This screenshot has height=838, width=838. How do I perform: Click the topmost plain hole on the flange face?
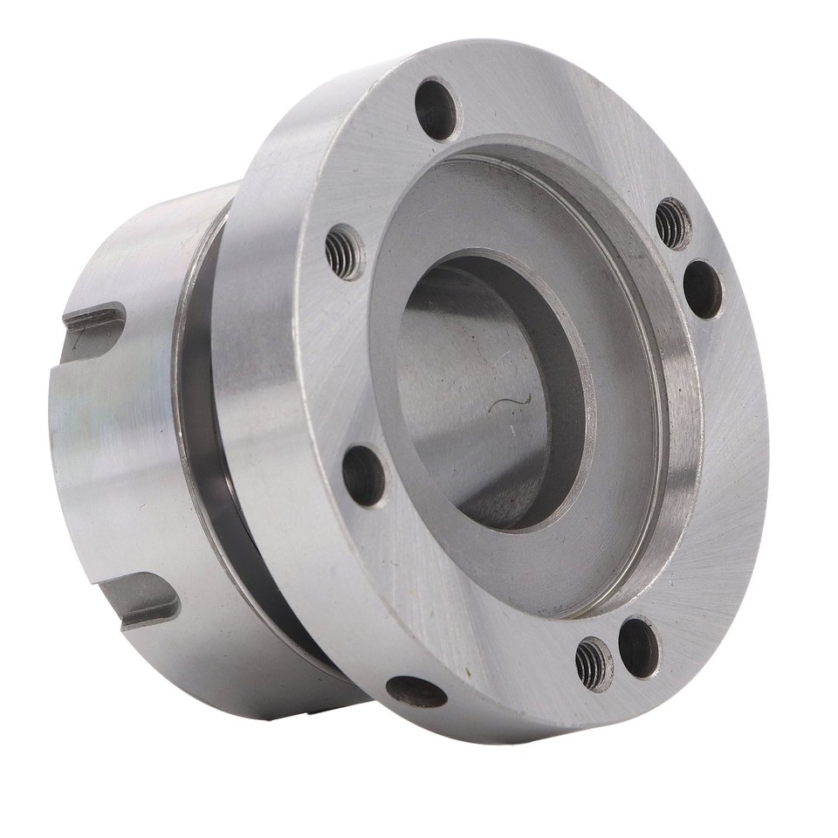[436, 108]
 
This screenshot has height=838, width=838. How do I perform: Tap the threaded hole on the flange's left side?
[345, 252]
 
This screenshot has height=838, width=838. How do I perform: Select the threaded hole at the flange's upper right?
[673, 223]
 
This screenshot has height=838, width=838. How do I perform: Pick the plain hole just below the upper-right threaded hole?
[703, 289]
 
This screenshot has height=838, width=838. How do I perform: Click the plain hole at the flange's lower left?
[363, 476]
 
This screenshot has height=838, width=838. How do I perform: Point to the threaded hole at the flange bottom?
[594, 664]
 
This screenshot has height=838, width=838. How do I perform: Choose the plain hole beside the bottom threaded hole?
[640, 647]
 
